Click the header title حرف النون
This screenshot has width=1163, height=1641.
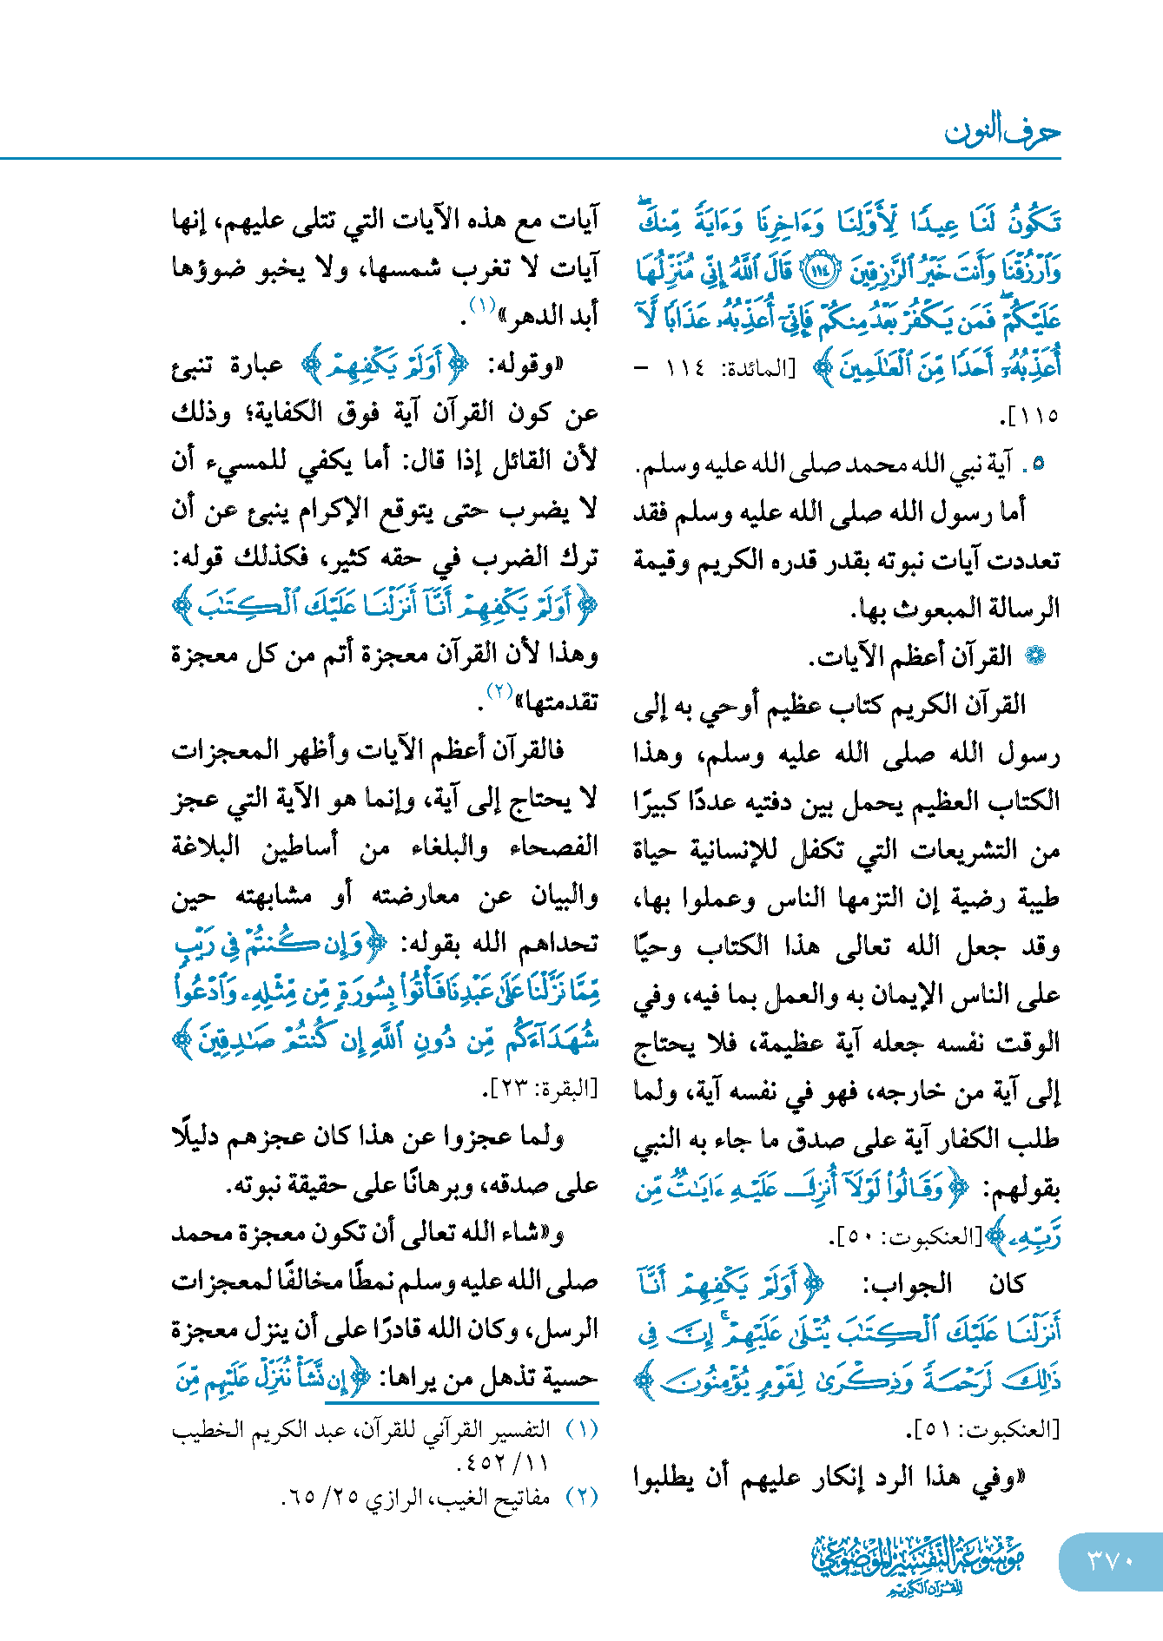pyautogui.click(x=1002, y=132)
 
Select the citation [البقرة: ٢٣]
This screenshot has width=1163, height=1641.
pyautogui.click(x=545, y=1090)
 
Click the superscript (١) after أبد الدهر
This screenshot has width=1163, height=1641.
pyautogui.click(x=482, y=306)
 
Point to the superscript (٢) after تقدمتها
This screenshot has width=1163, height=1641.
pyautogui.click(x=500, y=691)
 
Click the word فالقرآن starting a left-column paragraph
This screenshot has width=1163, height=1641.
pyautogui.click(x=533, y=749)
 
